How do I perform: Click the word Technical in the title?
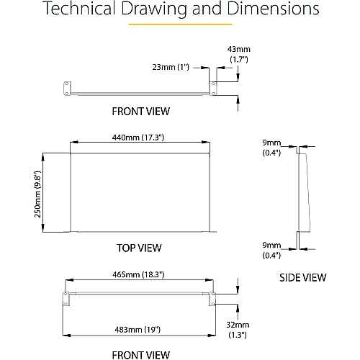(80, 9)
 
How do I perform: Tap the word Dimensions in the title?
(273, 9)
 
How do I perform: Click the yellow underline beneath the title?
(181, 24)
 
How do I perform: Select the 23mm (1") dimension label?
(171, 67)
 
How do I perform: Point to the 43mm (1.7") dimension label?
(239, 54)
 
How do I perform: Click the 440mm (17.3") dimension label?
(138, 138)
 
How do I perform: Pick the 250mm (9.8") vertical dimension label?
(37, 194)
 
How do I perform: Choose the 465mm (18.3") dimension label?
(138, 274)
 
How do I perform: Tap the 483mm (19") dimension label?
(138, 330)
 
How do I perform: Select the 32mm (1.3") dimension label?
(238, 330)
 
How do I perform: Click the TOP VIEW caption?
(139, 248)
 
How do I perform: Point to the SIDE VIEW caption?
(303, 278)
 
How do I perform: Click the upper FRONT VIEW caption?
(141, 112)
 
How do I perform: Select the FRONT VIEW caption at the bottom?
(141, 355)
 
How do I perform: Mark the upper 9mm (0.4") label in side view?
(271, 148)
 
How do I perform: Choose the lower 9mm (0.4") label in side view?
(271, 250)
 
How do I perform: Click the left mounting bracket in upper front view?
(67, 89)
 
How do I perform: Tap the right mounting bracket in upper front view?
(213, 89)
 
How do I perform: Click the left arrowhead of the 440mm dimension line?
(74, 143)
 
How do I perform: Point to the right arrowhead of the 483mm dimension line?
(212, 336)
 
